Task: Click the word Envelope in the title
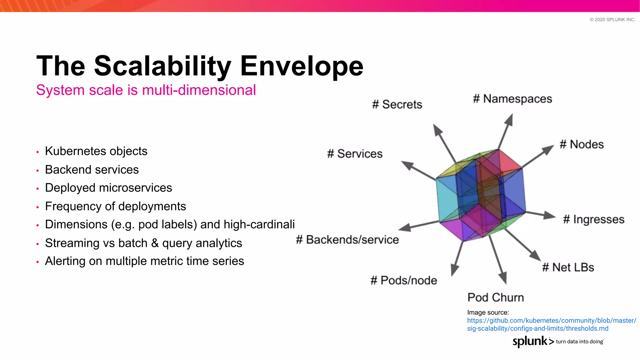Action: [302, 66]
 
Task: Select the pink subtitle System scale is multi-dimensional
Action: [146, 90]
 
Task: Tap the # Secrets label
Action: [397, 104]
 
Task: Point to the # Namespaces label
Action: [512, 99]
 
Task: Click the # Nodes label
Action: [582, 144]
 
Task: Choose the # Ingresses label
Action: [593, 219]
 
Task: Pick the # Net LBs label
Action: [568, 267]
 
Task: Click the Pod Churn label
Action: [496, 297]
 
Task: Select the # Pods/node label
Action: [403, 281]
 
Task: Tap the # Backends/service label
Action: [347, 240]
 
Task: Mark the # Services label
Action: [355, 154]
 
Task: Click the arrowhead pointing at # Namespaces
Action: [509, 120]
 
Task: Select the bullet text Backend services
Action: [92, 170]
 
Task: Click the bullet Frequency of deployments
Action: [115, 207]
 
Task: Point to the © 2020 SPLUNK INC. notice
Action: [612, 20]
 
